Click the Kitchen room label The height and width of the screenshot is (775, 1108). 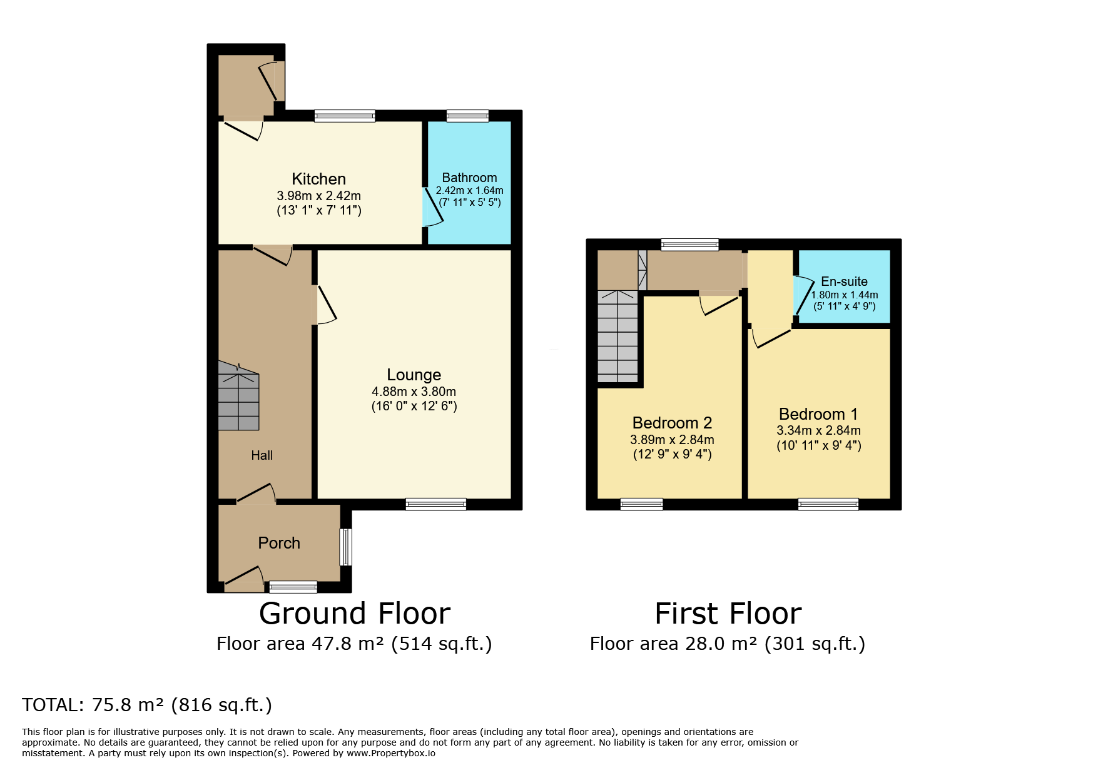[x=318, y=179]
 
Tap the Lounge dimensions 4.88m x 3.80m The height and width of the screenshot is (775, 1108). [x=414, y=392]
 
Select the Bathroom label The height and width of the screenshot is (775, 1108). [x=469, y=178]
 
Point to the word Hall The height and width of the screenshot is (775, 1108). [x=262, y=455]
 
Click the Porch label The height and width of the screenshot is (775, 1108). [x=279, y=543]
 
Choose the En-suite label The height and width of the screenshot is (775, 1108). [x=844, y=281]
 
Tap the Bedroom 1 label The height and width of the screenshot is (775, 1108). [x=818, y=414]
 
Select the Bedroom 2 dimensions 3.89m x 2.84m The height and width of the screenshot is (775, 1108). [x=672, y=440]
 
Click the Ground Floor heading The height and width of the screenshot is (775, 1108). [x=355, y=613]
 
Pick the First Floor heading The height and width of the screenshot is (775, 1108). [x=728, y=613]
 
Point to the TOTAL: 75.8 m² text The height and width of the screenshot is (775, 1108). [x=93, y=705]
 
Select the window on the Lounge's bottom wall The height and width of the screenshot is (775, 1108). [x=436, y=504]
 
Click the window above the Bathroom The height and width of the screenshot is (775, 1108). [x=467, y=116]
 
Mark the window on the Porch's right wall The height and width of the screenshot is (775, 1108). [x=346, y=547]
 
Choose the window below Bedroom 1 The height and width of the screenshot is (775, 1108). [x=828, y=504]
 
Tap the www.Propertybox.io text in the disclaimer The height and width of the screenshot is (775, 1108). [x=391, y=753]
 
